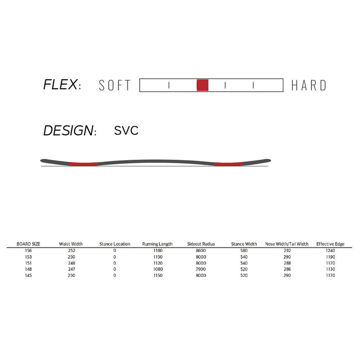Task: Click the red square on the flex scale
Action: click(x=202, y=85)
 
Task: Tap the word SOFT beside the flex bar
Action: click(x=115, y=85)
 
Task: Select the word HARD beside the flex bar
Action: click(x=309, y=85)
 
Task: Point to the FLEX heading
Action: click(x=62, y=85)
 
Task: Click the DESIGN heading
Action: click(x=70, y=130)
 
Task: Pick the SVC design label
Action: click(x=126, y=130)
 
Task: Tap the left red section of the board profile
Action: click(x=83, y=164)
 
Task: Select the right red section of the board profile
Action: click(x=229, y=164)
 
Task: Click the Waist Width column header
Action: click(x=71, y=244)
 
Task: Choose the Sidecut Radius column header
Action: click(x=201, y=244)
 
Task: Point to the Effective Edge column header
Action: click(x=330, y=244)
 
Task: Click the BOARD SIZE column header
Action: click(x=28, y=244)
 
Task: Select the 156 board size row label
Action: click(x=28, y=251)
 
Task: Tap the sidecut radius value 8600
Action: click(x=201, y=251)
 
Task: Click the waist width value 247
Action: click(x=72, y=269)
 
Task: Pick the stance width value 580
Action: click(x=244, y=251)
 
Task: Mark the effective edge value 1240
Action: click(x=330, y=251)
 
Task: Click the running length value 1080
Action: click(x=158, y=269)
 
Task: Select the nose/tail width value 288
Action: click(x=287, y=263)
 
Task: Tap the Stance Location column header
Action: click(x=115, y=244)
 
